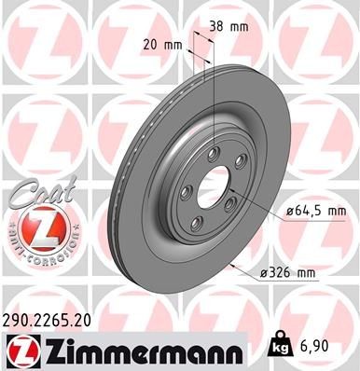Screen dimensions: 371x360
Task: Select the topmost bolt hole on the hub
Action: [214, 154]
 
